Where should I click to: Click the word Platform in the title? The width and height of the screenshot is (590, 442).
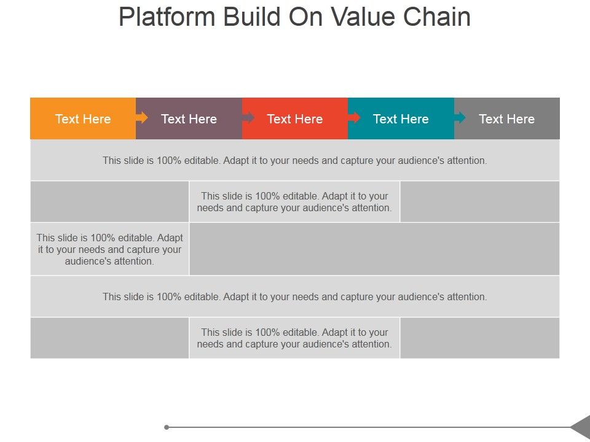click(167, 17)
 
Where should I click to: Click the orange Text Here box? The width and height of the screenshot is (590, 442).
click(83, 118)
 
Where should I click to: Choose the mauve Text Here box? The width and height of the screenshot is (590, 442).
click(189, 118)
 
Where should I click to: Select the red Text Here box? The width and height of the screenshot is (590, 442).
click(295, 118)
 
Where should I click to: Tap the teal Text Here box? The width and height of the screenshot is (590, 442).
click(401, 118)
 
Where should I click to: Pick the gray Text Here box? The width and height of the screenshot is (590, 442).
click(507, 118)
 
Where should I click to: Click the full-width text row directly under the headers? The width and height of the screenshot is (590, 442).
click(295, 160)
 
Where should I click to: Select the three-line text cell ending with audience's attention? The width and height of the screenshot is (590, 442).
click(109, 249)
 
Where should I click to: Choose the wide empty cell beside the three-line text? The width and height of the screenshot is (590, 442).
click(374, 249)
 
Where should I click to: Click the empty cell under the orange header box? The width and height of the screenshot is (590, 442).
click(109, 201)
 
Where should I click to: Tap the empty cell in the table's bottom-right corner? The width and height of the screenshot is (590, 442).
click(479, 338)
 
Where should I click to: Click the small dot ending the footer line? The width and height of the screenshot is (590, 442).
click(167, 427)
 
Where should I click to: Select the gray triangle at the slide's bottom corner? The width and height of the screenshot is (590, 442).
click(581, 427)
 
